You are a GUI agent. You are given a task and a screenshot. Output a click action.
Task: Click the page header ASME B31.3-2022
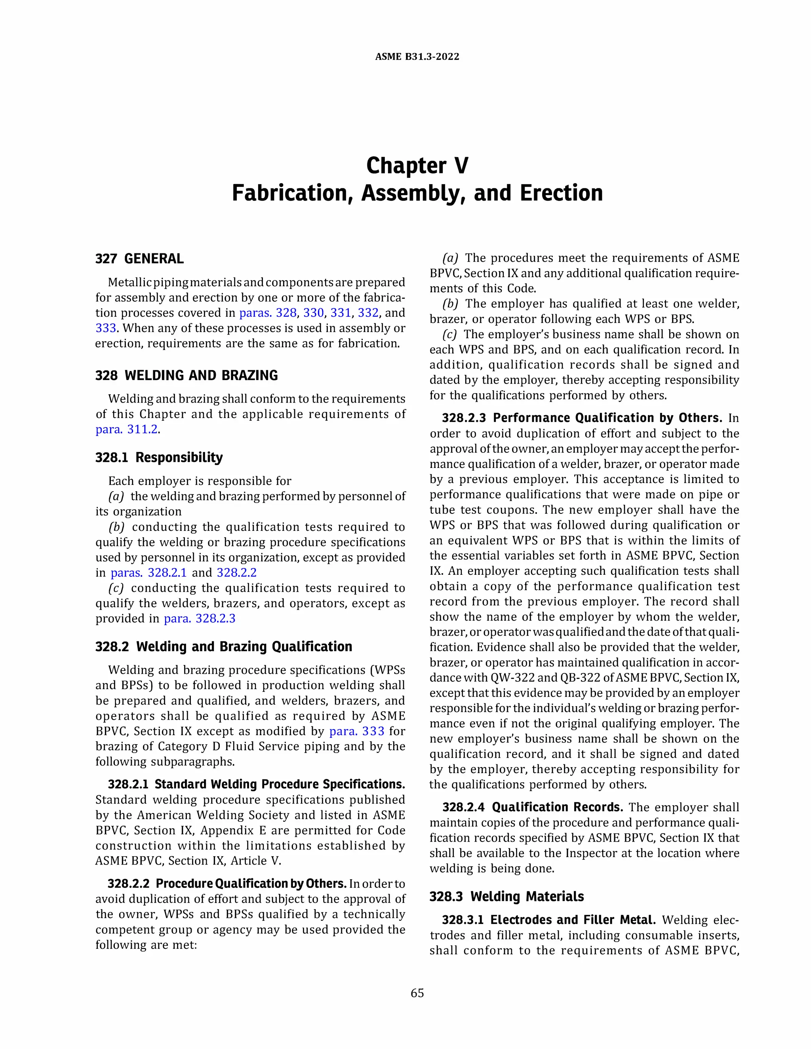(417, 57)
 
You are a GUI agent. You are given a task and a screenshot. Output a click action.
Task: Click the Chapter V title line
(417, 166)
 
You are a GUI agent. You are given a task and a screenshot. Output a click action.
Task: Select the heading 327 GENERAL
(139, 259)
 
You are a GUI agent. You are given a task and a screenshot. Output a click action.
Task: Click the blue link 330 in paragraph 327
(313, 313)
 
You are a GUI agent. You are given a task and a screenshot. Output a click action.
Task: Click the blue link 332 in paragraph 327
(368, 313)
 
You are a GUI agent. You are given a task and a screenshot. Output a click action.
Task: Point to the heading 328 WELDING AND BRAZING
(187, 375)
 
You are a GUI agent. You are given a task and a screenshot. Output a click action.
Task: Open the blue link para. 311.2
(127, 429)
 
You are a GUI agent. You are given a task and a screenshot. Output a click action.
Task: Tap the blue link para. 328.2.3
(200, 619)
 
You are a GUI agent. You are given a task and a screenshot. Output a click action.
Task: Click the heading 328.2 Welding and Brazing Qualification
(223, 646)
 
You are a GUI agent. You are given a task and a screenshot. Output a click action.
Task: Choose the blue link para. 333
(356, 731)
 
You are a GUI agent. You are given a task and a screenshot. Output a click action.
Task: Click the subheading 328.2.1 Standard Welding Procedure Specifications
(256, 784)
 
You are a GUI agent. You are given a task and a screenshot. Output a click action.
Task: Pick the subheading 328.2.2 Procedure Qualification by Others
(227, 884)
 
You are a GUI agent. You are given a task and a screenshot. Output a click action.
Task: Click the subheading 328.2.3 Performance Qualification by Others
(582, 418)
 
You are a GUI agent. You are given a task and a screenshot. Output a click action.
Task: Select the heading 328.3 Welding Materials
(506, 897)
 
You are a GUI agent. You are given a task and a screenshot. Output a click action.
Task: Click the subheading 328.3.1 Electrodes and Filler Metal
(549, 920)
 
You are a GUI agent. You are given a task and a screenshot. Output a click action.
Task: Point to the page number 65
(417, 993)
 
